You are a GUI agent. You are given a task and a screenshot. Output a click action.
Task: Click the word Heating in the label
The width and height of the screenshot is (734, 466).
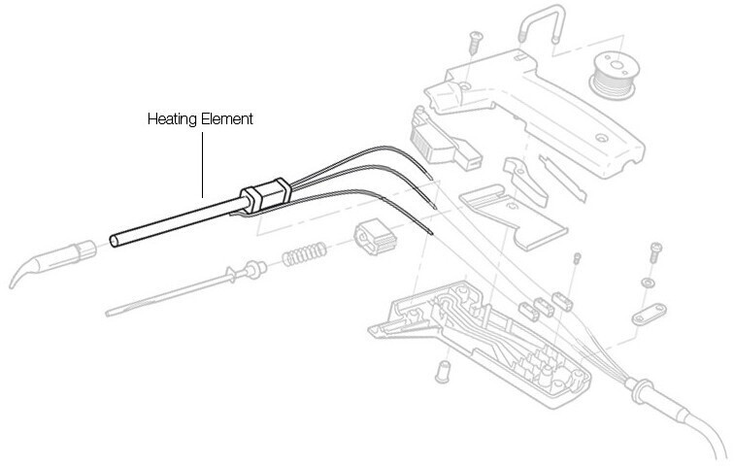click(x=172, y=119)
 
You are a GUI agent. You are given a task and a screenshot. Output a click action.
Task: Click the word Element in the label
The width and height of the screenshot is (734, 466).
click(x=226, y=118)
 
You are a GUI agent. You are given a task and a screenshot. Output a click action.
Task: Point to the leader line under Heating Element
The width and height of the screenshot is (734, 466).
click(x=202, y=165)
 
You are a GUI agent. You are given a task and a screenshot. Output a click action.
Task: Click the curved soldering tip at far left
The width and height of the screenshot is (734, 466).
click(x=51, y=263)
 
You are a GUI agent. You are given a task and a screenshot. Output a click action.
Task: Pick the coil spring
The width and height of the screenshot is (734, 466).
click(x=303, y=253)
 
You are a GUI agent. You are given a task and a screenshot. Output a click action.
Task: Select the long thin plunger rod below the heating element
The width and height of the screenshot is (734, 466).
click(x=184, y=288)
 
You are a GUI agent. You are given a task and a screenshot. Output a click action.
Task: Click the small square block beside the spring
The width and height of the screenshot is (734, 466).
click(x=377, y=237)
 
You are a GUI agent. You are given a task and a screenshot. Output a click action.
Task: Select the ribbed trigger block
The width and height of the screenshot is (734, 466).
click(x=443, y=140)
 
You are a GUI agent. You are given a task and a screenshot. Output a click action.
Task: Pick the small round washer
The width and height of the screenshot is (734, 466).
click(x=649, y=283)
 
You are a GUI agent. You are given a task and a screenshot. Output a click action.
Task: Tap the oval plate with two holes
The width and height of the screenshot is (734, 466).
click(x=649, y=314)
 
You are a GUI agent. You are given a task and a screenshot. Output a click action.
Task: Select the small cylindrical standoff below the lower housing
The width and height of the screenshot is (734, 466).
click(x=442, y=372)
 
